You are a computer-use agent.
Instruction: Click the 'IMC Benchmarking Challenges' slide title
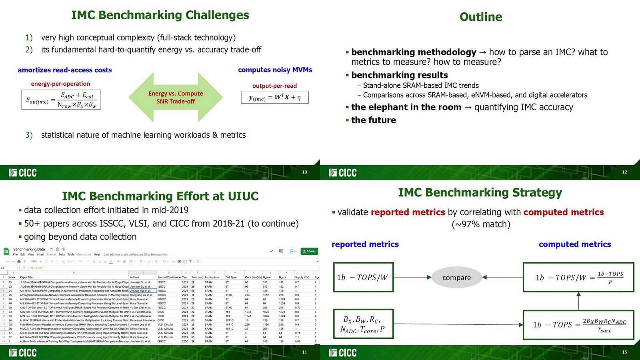click(160, 15)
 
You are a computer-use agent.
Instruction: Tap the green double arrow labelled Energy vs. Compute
click(176, 97)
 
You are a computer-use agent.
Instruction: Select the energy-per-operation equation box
click(61, 100)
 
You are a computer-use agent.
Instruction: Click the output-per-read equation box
click(274, 97)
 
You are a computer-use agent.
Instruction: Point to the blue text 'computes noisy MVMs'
click(275, 70)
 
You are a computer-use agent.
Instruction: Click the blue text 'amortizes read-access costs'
click(65, 70)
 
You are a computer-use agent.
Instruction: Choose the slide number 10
click(304, 172)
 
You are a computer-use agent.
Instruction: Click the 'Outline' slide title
click(480, 17)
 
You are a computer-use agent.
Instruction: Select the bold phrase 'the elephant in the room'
click(406, 107)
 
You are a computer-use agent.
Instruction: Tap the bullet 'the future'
click(373, 120)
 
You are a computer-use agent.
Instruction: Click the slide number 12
click(624, 172)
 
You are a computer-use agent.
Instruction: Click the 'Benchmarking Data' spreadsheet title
click(29, 249)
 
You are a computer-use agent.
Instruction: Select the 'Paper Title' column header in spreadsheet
click(26, 277)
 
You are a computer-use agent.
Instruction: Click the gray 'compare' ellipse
click(456, 278)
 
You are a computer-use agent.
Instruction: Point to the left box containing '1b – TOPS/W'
click(363, 277)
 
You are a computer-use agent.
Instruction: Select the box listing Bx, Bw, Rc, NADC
click(363, 324)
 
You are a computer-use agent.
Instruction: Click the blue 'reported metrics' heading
click(365, 244)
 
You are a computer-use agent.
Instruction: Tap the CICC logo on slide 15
click(343, 353)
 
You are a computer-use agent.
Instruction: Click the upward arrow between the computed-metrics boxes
click(578, 301)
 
